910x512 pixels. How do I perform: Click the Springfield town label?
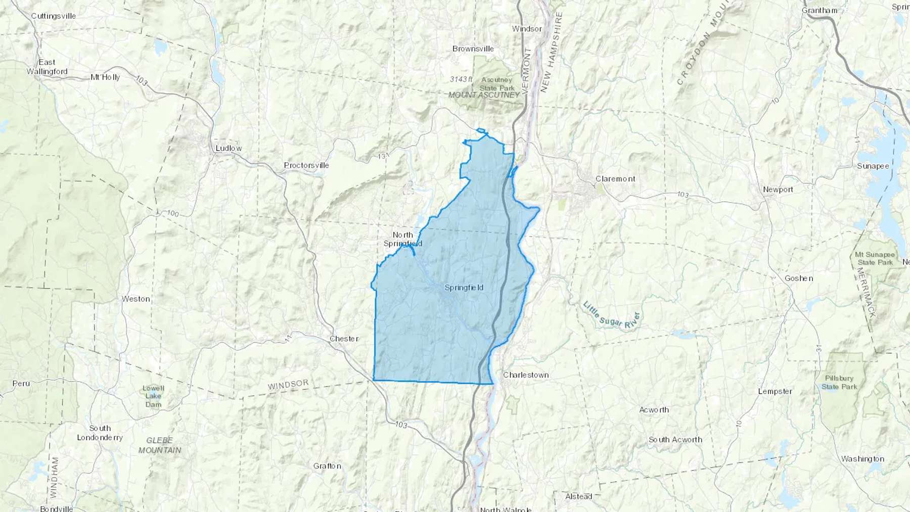(x=464, y=288)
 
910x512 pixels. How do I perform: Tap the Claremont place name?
(x=615, y=179)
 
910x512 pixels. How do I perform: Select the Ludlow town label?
(x=229, y=148)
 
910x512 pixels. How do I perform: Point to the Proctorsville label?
(x=306, y=165)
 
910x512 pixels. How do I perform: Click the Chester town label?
(x=344, y=339)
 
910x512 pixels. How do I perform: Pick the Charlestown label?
(x=526, y=375)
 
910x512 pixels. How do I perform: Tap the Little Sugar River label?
(x=612, y=315)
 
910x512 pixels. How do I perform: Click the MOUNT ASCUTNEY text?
(x=484, y=95)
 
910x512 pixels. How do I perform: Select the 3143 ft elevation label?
(x=461, y=79)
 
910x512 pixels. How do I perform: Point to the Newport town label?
(x=778, y=190)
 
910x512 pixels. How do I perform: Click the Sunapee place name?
(x=873, y=166)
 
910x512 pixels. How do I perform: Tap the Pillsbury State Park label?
(x=839, y=383)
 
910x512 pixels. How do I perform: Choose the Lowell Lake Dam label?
(x=153, y=396)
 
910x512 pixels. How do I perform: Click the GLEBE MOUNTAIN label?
(x=160, y=445)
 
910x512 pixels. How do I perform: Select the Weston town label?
(x=135, y=299)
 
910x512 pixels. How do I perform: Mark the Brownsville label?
(x=473, y=49)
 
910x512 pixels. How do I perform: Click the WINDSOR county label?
(x=288, y=385)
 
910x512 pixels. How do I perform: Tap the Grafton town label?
(x=327, y=466)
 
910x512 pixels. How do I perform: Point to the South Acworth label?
(x=675, y=440)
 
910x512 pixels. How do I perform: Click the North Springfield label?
(x=402, y=239)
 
